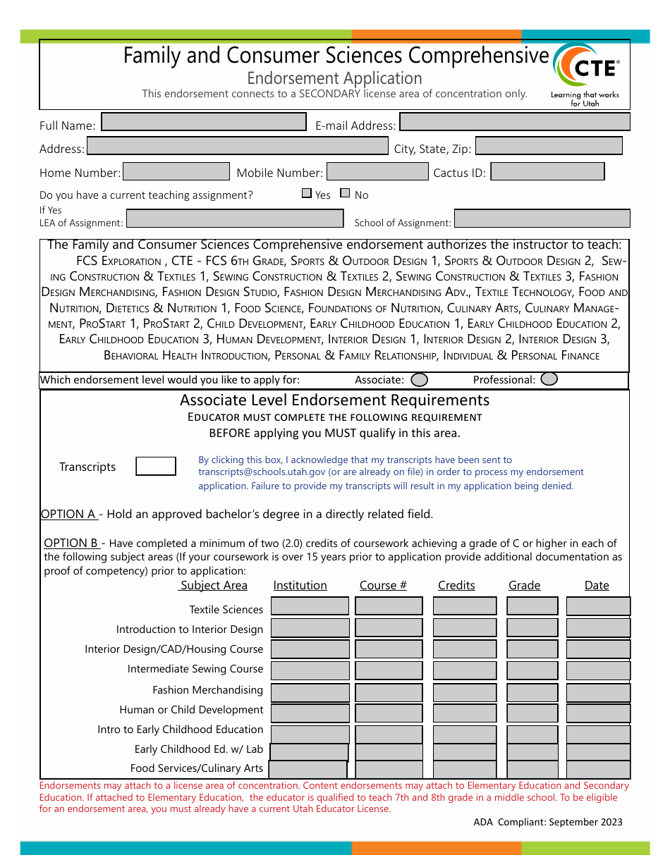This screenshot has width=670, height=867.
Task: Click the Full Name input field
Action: pos(204,123)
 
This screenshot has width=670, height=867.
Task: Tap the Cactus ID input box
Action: pos(547,171)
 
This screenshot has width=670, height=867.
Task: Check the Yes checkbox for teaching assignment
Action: pos(307,193)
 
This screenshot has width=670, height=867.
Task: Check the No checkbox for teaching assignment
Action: pos(345,193)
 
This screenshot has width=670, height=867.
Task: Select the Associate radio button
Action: pos(419,380)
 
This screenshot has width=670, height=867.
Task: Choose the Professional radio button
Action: pos(549,379)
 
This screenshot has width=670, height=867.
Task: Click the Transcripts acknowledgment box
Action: pos(155,466)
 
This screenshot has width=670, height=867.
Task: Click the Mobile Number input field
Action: pos(377,171)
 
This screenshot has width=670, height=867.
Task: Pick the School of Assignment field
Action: pos(542,219)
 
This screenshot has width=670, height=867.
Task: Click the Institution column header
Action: pos(300,586)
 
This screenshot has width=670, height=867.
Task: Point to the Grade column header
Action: pos(524,586)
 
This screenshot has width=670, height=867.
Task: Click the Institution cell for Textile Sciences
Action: pos(310,606)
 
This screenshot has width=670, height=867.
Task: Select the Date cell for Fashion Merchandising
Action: pos(598,693)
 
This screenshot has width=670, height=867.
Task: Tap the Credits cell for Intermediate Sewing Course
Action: pos(464,670)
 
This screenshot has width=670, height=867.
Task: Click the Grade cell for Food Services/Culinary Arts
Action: pos(532,770)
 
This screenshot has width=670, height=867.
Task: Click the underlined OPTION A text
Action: pos(68,515)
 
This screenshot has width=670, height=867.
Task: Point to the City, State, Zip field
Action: pos(549,146)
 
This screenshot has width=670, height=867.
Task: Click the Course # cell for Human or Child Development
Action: pos(389,713)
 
